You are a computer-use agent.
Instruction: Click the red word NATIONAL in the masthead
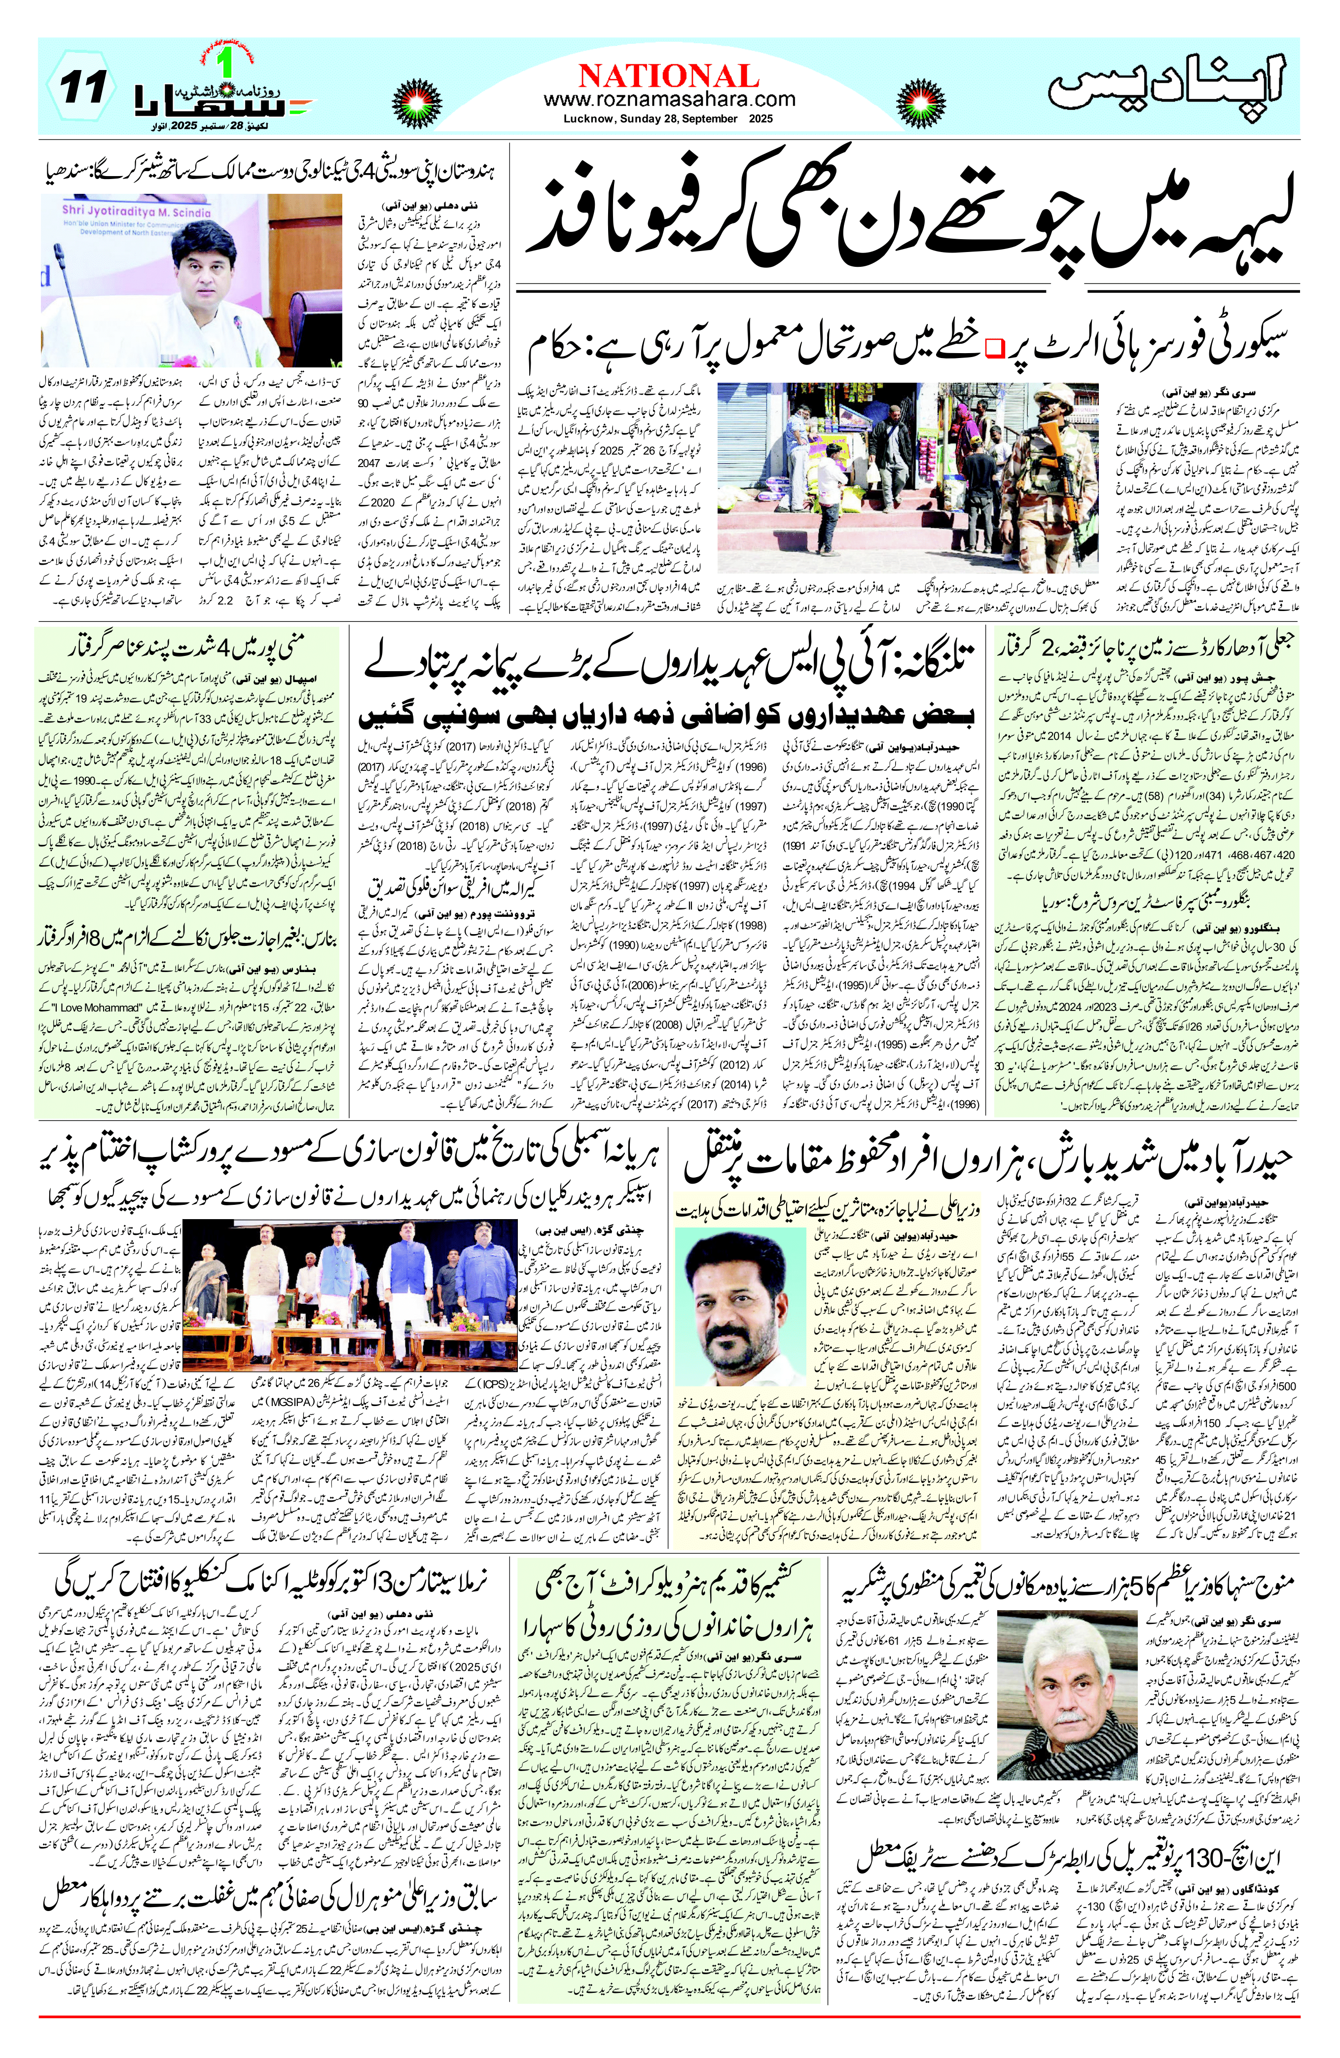pyautogui.click(x=669, y=75)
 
